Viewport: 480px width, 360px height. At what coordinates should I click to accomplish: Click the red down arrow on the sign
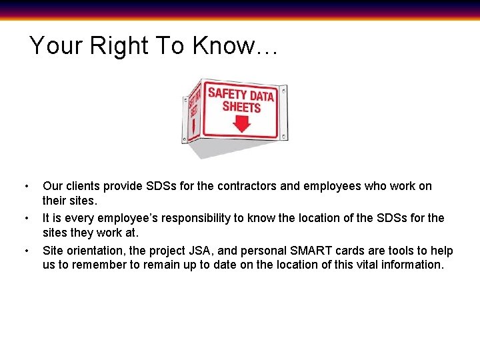click(241, 123)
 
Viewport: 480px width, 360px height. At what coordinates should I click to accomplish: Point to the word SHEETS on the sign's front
click(241, 107)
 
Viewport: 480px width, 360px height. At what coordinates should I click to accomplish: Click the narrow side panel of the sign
click(193, 113)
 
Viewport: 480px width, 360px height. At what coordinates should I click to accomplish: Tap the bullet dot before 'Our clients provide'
click(25, 186)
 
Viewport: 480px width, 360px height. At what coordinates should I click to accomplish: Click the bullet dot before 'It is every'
click(25, 218)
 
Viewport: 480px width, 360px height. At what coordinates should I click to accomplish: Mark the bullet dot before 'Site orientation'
click(25, 251)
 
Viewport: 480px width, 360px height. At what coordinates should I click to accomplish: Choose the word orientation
click(95, 251)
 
